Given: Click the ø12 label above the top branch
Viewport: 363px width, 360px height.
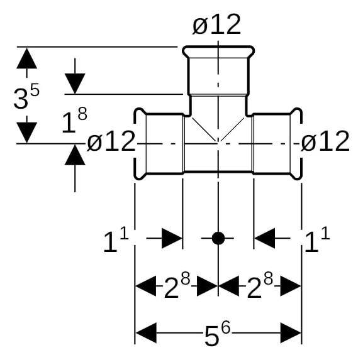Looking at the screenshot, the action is click(x=216, y=25).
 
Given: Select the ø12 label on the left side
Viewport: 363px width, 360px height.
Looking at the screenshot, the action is click(x=111, y=141).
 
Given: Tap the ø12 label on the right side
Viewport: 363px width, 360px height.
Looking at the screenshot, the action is click(x=325, y=141).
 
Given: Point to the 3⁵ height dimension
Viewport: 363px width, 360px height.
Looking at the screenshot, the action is click(x=26, y=96).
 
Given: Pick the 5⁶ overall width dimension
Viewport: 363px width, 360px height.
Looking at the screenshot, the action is click(x=218, y=334).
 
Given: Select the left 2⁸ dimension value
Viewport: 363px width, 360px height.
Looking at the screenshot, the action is click(x=177, y=285).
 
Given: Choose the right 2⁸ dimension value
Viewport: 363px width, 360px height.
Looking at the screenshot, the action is click(x=260, y=285).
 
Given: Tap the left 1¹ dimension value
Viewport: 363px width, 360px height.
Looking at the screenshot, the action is click(x=116, y=239).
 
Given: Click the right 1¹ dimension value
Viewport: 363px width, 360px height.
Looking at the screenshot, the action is click(x=317, y=239).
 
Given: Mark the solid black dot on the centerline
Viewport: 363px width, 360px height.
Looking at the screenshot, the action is click(x=218, y=238).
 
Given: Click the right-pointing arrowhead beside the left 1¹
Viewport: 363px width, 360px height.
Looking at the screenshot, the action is click(x=172, y=238).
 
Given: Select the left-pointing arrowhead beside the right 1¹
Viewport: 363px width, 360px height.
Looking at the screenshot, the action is click(x=264, y=238).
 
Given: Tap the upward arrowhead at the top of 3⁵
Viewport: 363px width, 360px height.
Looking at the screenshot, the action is click(x=27, y=58).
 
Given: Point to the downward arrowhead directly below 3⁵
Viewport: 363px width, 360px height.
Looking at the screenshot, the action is click(x=27, y=133).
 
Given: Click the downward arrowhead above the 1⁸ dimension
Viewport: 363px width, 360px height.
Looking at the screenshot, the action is click(x=75, y=84).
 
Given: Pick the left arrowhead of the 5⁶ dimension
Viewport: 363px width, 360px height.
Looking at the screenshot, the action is click(x=146, y=333).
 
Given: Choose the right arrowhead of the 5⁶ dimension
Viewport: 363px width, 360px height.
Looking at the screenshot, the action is click(x=291, y=333).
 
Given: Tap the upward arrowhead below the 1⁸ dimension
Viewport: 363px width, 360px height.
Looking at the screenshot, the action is click(x=75, y=155).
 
